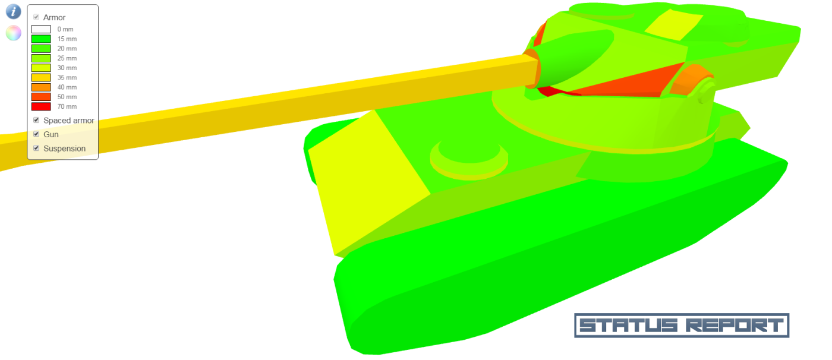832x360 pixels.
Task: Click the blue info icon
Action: [13, 11]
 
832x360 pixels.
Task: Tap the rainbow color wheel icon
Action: [13, 33]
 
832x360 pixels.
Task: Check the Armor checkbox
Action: [36, 17]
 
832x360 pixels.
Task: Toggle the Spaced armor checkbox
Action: [36, 120]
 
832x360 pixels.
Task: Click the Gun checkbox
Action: [36, 134]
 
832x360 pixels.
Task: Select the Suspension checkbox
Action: [36, 148]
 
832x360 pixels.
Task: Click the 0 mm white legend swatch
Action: [41, 29]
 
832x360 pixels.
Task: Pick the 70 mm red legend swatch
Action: [41, 106]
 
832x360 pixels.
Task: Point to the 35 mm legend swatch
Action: [41, 78]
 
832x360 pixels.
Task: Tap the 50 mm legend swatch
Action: [41, 97]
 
